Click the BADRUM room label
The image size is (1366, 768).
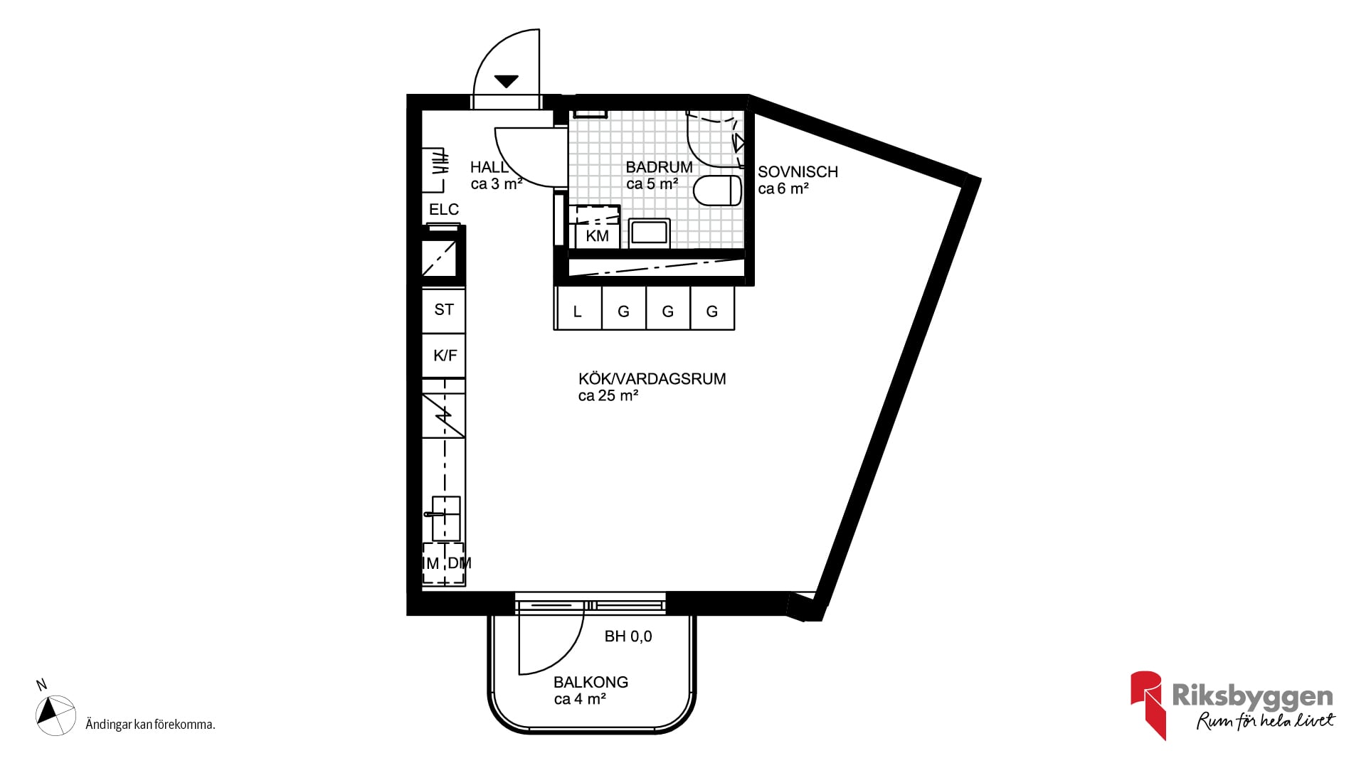point(659,167)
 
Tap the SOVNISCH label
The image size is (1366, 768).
point(798,172)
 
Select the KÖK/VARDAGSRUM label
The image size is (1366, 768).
point(652,378)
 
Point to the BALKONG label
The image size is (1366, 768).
point(591,682)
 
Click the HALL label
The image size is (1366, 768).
point(489,167)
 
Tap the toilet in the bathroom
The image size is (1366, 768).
point(717,191)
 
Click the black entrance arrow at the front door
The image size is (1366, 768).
point(506,81)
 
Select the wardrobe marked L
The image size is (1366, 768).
point(578,308)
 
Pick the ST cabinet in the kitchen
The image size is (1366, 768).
point(444,310)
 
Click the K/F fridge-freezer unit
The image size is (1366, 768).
point(444,356)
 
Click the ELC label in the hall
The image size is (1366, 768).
point(444,210)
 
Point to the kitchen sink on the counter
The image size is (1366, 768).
point(445,518)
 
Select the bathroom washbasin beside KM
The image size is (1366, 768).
point(649,233)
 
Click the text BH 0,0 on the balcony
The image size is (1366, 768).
point(628,636)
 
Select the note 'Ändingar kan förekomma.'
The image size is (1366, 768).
point(150,725)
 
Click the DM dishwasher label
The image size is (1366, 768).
point(460,563)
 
